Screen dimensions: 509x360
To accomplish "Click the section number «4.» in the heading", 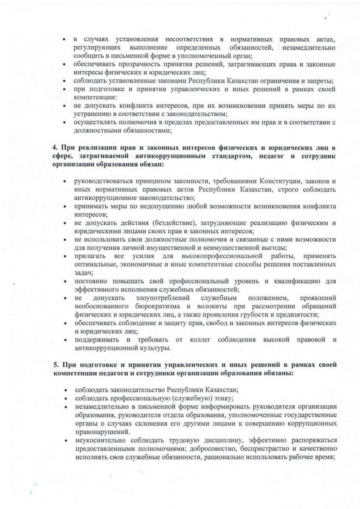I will [56, 148].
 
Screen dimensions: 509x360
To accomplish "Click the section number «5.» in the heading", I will [56, 365].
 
